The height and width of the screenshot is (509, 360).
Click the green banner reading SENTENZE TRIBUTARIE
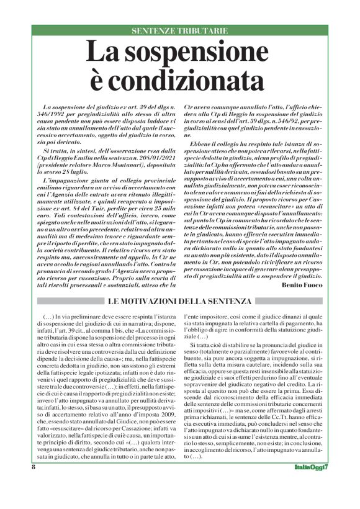[180, 30]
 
